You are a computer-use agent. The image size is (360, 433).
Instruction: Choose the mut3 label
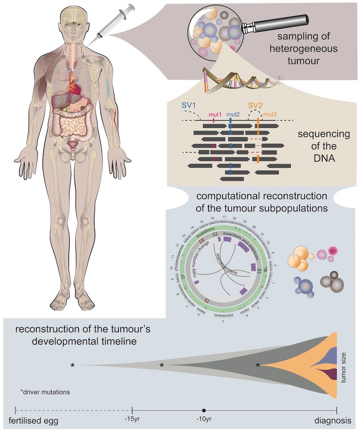[x=269, y=115]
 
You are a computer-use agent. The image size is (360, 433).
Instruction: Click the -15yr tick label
[x=132, y=420]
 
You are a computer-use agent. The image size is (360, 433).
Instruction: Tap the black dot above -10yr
[x=204, y=410]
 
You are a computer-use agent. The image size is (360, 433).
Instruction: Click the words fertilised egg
[x=33, y=420]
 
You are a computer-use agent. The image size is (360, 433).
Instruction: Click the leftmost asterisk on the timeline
[x=73, y=366]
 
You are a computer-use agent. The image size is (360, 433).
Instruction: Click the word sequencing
[x=324, y=134]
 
